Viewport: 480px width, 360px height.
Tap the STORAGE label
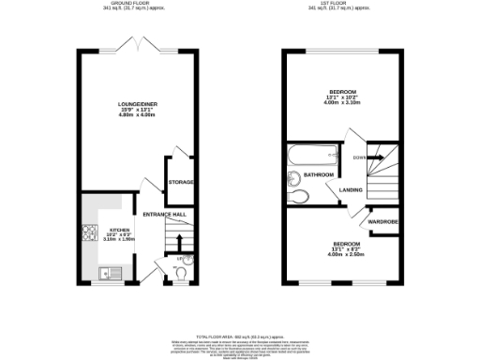181,181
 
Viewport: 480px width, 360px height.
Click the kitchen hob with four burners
90,234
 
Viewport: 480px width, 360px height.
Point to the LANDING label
352,190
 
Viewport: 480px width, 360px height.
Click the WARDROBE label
384,221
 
